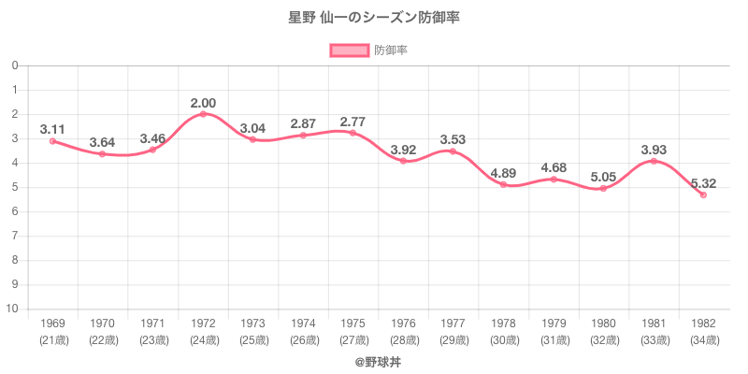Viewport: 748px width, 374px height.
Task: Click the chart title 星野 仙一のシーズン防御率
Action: click(374, 18)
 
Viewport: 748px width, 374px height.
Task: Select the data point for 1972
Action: click(203, 114)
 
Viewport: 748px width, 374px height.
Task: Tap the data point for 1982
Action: click(703, 194)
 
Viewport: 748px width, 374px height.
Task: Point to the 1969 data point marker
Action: click(52, 141)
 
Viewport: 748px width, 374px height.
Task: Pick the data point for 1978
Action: click(503, 184)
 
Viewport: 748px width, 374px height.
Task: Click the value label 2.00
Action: click(203, 103)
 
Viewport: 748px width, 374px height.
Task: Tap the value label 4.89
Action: click(503, 173)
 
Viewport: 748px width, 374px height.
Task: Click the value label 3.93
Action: click(654, 150)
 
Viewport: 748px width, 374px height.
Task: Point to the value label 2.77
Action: click(353, 122)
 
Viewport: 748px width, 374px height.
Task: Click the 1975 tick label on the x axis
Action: click(353, 324)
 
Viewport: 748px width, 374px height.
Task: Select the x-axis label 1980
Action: click(603, 324)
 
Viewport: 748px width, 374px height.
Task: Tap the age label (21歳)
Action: click(52, 340)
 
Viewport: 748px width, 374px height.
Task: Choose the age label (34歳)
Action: click(703, 340)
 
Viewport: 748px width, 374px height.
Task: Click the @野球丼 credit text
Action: click(374, 360)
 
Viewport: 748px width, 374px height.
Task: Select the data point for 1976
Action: click(403, 161)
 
